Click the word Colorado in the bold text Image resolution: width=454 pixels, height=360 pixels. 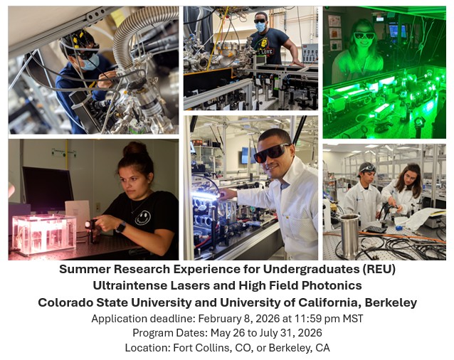(68, 302)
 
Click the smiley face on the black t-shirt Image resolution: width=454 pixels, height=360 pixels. (143, 217)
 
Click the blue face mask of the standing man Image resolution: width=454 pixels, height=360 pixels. (260, 28)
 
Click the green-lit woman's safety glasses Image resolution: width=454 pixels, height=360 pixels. (364, 35)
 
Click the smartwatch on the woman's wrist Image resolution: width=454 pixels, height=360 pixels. (121, 226)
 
